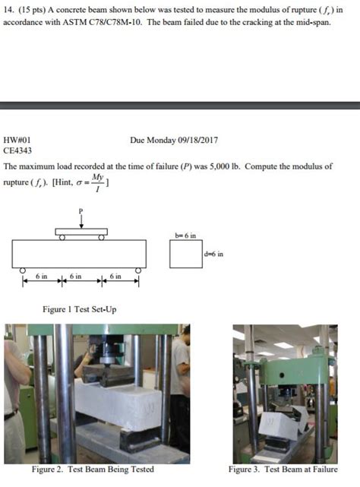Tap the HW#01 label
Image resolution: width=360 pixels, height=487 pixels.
pyautogui.click(x=17, y=141)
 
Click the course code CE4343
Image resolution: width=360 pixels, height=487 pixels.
pyautogui.click(x=17, y=151)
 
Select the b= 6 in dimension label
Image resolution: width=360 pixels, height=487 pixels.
pyautogui.click(x=185, y=236)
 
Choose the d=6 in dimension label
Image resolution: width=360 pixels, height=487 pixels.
pyautogui.click(x=213, y=254)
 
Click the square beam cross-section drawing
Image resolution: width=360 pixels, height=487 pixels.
pyautogui.click(x=186, y=254)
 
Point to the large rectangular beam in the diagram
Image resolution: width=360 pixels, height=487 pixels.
pyautogui.click(x=79, y=254)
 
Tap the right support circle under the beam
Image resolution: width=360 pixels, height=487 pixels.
pyautogui.click(x=138, y=270)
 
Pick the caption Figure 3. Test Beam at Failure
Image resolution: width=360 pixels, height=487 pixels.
pyautogui.click(x=283, y=469)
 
